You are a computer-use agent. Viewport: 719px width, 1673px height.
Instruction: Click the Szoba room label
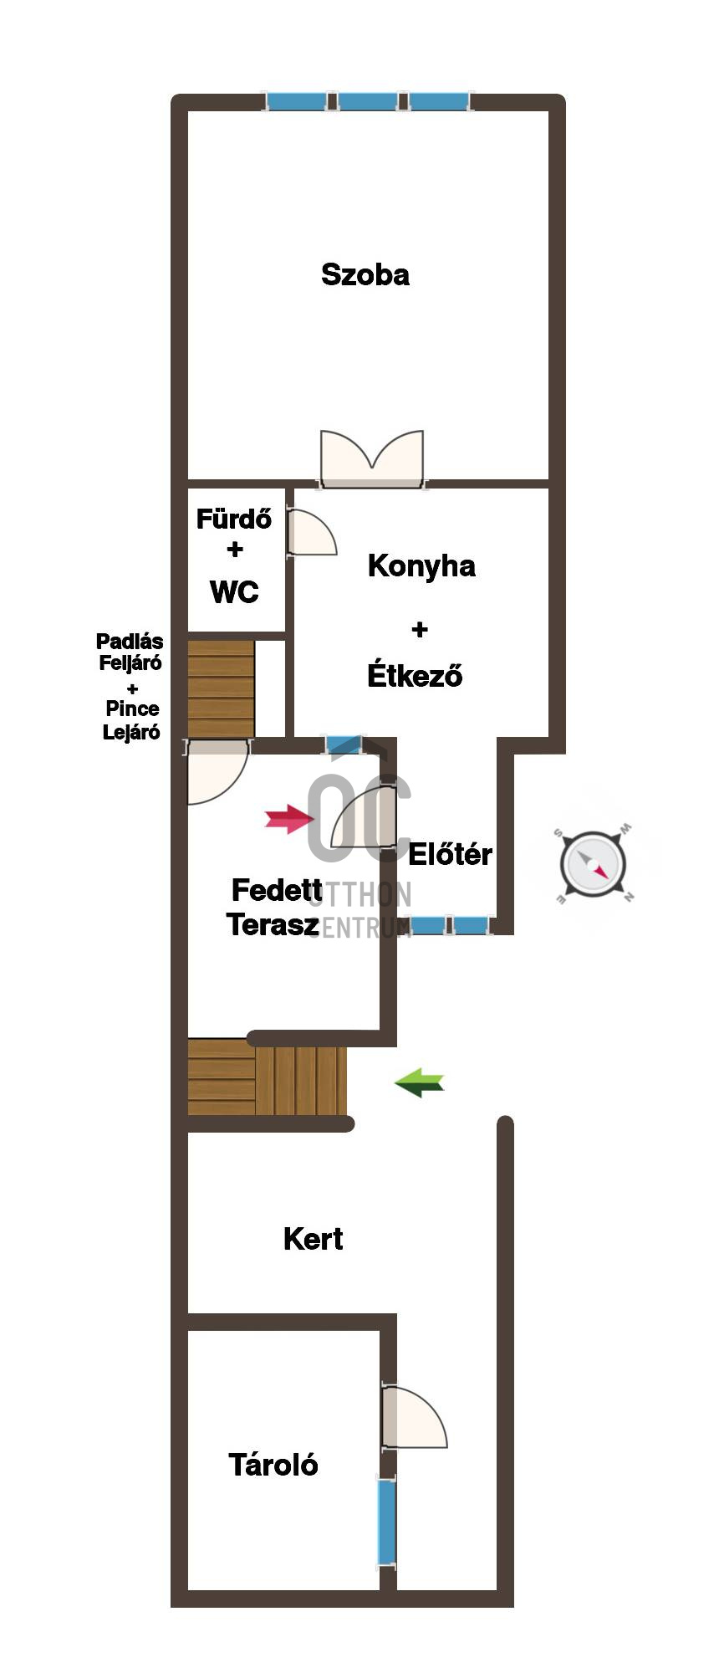pyautogui.click(x=365, y=274)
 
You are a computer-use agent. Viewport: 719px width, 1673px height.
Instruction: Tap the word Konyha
pyautogui.click(x=421, y=566)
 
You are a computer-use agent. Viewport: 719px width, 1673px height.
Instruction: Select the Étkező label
pyautogui.click(x=415, y=674)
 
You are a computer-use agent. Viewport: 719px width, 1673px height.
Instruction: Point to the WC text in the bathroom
pyautogui.click(x=234, y=592)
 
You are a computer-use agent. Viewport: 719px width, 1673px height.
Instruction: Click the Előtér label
pyautogui.click(x=450, y=854)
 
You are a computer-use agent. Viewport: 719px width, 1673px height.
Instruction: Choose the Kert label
pyautogui.click(x=313, y=1239)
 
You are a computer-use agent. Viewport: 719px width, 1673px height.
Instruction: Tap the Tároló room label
pyautogui.click(x=273, y=1465)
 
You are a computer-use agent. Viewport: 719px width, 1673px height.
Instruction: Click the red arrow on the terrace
pyautogui.click(x=289, y=819)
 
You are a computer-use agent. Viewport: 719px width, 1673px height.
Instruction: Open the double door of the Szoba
pyautogui.click(x=372, y=459)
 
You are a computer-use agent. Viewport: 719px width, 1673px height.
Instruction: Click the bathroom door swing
pyautogui.click(x=312, y=532)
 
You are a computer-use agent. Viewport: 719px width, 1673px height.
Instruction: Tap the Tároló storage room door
pyautogui.click(x=414, y=1417)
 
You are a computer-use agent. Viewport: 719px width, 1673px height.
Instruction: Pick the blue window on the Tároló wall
pyautogui.click(x=386, y=1522)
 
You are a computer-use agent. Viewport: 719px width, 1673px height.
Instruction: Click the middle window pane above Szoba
pyautogui.click(x=368, y=101)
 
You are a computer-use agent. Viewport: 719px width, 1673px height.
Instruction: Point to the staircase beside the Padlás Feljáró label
pyautogui.click(x=221, y=689)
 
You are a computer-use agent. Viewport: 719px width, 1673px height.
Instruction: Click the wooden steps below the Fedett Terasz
pyautogui.click(x=267, y=1077)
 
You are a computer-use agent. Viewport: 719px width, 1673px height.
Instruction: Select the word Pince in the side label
pyautogui.click(x=132, y=709)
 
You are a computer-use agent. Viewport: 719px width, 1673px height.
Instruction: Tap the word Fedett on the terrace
pyautogui.click(x=277, y=890)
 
